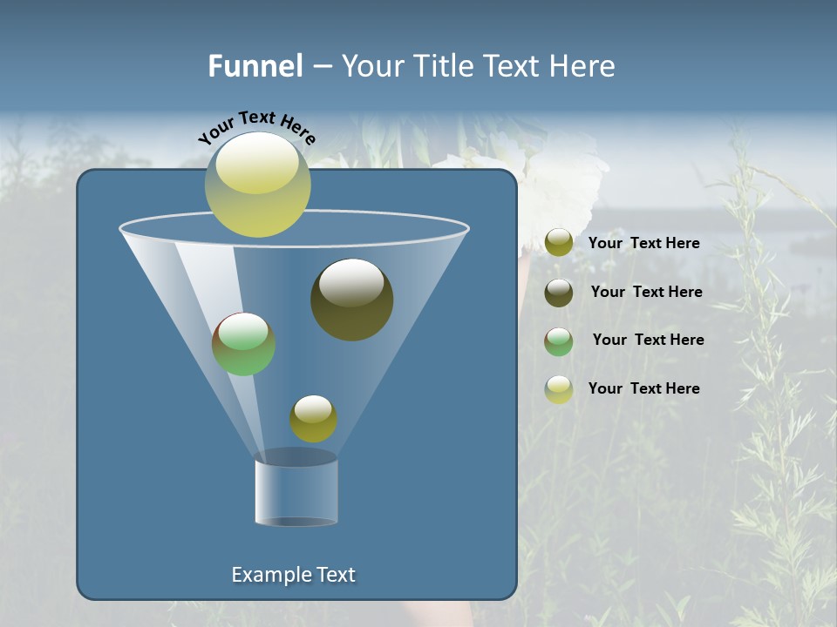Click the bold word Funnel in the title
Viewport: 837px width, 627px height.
tap(255, 66)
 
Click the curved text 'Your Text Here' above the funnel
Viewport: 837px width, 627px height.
tap(256, 127)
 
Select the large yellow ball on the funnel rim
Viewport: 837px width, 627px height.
tap(258, 185)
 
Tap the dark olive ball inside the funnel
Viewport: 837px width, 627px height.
tap(351, 300)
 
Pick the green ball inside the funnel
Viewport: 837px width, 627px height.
tap(243, 344)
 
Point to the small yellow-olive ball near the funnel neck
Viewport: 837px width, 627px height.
tap(313, 419)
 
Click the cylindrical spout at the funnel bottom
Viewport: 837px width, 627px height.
tap(296, 492)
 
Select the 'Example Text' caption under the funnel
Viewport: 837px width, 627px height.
tap(293, 575)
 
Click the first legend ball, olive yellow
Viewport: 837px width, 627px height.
tap(559, 242)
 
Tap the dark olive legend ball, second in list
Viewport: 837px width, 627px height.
tap(559, 292)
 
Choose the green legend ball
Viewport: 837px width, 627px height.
tap(559, 340)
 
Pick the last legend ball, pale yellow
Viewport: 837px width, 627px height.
tap(559, 389)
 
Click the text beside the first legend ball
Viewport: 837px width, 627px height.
tap(643, 243)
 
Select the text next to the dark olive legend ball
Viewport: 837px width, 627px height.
tap(646, 292)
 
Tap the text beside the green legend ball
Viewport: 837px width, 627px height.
tap(648, 340)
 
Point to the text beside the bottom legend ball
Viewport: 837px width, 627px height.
tap(643, 388)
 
